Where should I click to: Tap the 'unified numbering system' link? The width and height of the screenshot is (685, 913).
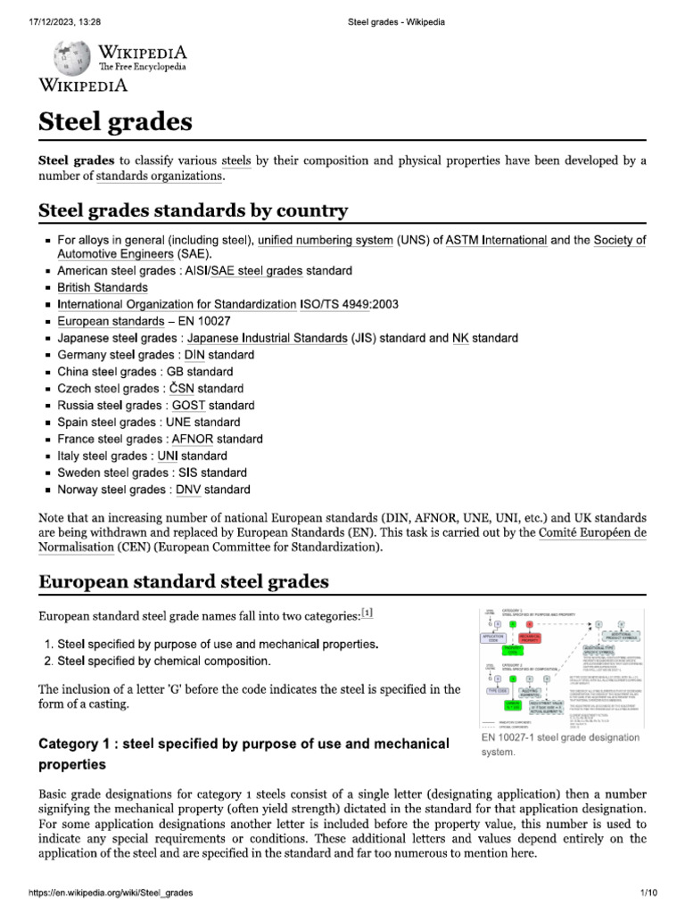(x=325, y=240)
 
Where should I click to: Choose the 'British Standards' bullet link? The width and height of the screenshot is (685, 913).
(x=103, y=287)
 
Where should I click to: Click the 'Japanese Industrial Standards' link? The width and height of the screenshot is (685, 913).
(x=267, y=338)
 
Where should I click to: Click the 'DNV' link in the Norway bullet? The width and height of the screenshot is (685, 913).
(x=189, y=489)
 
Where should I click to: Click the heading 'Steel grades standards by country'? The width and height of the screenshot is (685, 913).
(x=193, y=211)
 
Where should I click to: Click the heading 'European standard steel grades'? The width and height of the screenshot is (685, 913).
(x=183, y=582)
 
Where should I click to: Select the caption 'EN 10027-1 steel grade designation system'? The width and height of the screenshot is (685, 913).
(x=560, y=744)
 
